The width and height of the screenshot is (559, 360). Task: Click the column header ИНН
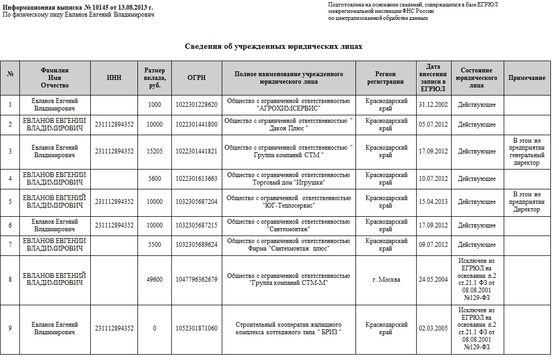point(114,78)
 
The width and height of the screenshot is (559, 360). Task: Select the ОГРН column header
point(197,78)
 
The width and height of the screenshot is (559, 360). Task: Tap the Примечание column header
point(527,78)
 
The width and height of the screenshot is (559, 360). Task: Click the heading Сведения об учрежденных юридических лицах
point(274,47)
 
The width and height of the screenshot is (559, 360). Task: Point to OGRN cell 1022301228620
point(197,105)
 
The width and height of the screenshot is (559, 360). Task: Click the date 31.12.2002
point(433,105)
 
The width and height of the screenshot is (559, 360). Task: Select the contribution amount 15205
point(155,151)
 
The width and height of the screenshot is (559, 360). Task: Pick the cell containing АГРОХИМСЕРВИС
point(288,104)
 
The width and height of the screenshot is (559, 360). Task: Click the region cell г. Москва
point(386,280)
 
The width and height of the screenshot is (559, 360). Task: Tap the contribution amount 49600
point(155,280)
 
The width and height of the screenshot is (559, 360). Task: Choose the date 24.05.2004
point(433,280)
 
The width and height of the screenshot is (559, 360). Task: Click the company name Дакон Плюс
point(288,124)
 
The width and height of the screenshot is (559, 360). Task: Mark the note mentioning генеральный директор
point(527,151)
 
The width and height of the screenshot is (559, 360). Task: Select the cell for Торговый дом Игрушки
point(288,179)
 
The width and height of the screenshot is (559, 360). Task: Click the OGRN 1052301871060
point(197,328)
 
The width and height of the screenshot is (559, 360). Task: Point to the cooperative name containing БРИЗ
point(288,328)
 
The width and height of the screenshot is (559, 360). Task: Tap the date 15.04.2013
point(433,202)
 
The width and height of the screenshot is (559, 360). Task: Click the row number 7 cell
point(10,245)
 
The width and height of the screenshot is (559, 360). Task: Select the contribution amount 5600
point(155,179)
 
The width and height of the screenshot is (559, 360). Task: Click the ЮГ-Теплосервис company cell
point(288,202)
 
